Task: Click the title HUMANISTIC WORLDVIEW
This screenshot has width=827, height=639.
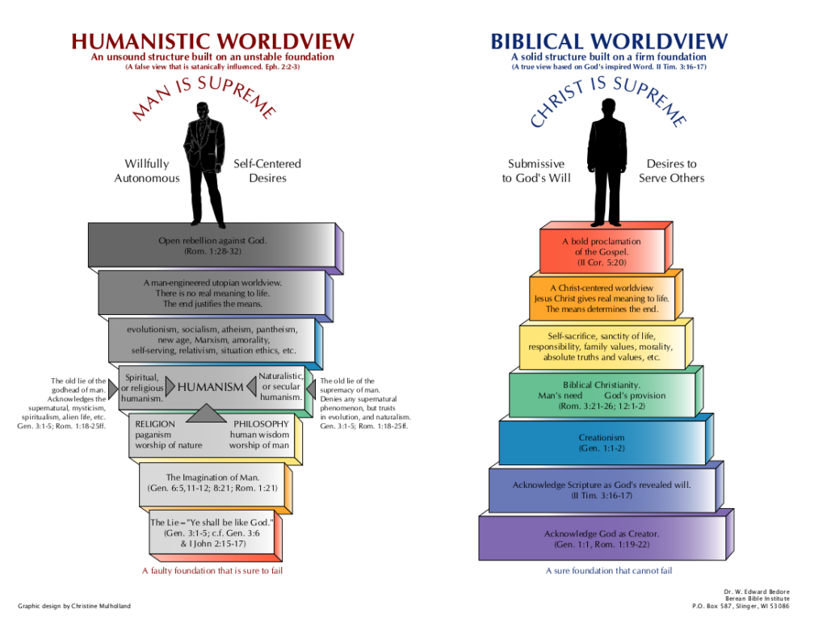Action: tap(212, 41)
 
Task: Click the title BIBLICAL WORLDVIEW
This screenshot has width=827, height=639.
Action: tap(609, 41)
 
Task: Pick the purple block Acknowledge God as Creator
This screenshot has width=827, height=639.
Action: tap(601, 539)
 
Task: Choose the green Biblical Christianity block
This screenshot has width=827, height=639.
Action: tap(601, 396)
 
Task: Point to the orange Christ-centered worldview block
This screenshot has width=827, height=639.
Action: tap(601, 298)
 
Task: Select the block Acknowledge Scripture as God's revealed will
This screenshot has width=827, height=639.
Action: tap(601, 490)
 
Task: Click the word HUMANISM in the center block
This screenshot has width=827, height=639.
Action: tap(210, 387)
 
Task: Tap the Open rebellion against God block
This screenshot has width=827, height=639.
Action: tap(212, 246)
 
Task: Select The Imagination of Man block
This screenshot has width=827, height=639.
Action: tap(212, 483)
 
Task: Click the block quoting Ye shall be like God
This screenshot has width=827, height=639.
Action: tap(212, 533)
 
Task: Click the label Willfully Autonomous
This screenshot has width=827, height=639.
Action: tap(147, 170)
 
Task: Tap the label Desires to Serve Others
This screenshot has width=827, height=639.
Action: tap(671, 170)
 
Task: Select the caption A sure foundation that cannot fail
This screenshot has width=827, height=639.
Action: tap(609, 570)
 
